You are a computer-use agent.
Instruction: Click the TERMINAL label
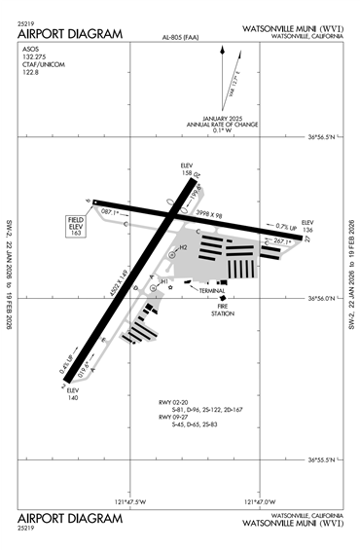(x=212, y=291)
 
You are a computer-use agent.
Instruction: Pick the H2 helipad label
(x=182, y=247)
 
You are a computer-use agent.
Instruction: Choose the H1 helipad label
(x=165, y=281)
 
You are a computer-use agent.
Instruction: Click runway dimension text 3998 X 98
(x=209, y=213)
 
